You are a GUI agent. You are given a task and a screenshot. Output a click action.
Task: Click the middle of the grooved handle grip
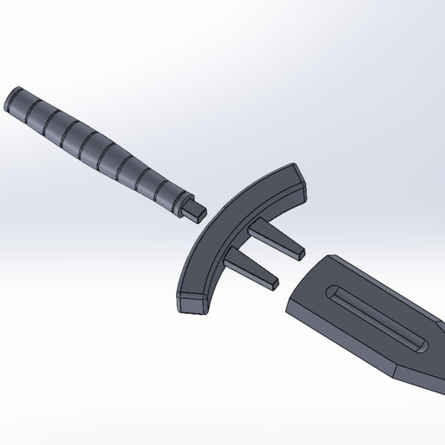point(95,147)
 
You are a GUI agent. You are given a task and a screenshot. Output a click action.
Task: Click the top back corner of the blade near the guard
point(325,256)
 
